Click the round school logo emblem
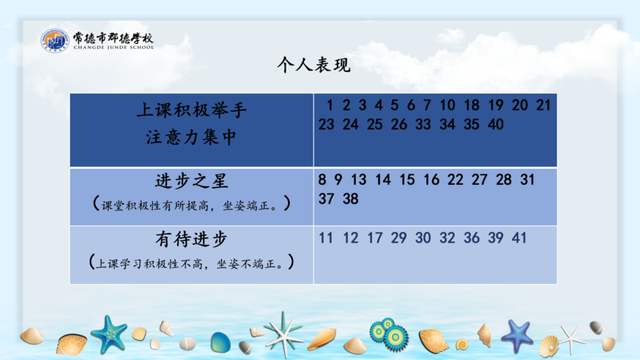coord(55,40)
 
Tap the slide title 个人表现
coord(314,65)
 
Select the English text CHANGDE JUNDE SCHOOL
coord(114,47)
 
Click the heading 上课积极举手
coord(191,110)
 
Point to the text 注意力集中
coord(191,137)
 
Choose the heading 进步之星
coord(191,181)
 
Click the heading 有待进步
coord(191,239)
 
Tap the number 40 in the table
coord(495,124)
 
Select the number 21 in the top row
coord(543,105)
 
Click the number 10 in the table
coord(447,105)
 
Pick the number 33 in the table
coord(423,124)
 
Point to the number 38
coord(350,198)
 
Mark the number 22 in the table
coord(455,179)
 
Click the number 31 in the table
coord(527,179)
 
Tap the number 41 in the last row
coord(519,238)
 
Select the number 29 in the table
coord(398,238)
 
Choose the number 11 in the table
coord(326,238)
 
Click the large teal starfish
coord(109,334)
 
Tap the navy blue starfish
coord(518,336)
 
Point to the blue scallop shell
coord(221,342)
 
